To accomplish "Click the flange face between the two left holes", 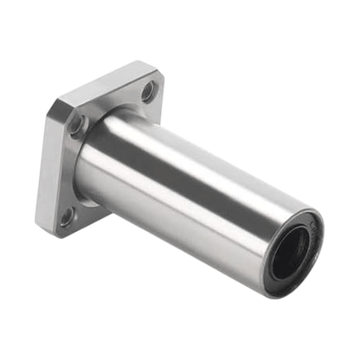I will [71, 173].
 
